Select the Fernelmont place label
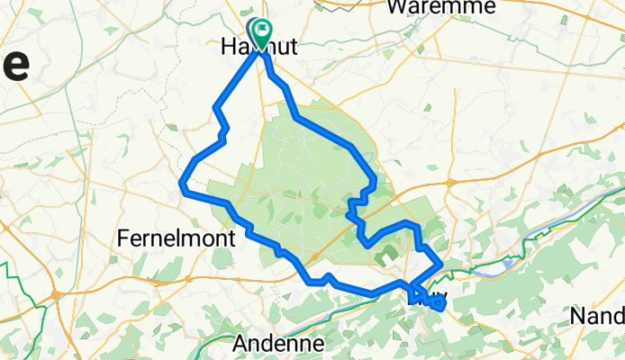(x=176, y=238)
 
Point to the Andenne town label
(x=278, y=343)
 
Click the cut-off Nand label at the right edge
(x=598, y=316)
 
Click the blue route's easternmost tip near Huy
(x=443, y=302)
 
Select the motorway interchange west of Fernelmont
(x=56, y=293)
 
